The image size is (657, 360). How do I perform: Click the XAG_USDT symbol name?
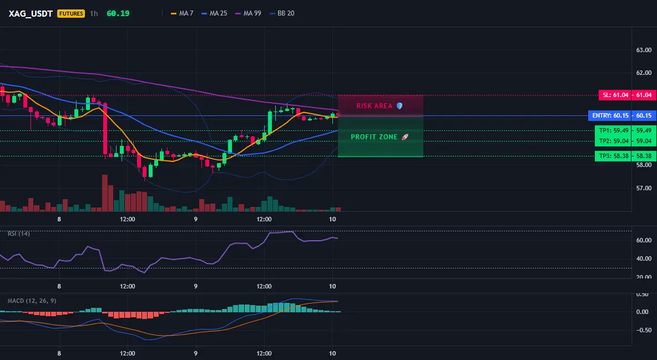click(x=31, y=13)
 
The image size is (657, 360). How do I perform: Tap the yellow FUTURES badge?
click(x=71, y=13)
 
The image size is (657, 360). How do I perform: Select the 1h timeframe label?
click(x=94, y=13)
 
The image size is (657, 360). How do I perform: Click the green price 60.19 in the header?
click(x=118, y=13)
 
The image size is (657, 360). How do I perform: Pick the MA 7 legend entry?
click(x=182, y=13)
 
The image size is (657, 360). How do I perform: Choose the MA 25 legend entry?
click(x=214, y=13)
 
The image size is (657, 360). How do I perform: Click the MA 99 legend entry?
click(x=248, y=13)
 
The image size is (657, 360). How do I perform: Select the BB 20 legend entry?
click(x=282, y=13)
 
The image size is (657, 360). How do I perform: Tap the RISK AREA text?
click(x=374, y=105)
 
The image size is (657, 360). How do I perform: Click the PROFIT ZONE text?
click(x=374, y=136)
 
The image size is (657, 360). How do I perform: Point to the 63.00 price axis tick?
click(x=644, y=50)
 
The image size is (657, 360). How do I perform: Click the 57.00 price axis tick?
click(x=644, y=188)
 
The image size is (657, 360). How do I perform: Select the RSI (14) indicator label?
click(x=19, y=234)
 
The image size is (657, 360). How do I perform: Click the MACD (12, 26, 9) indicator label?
click(x=32, y=301)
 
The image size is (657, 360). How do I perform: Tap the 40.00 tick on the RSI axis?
click(x=644, y=258)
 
